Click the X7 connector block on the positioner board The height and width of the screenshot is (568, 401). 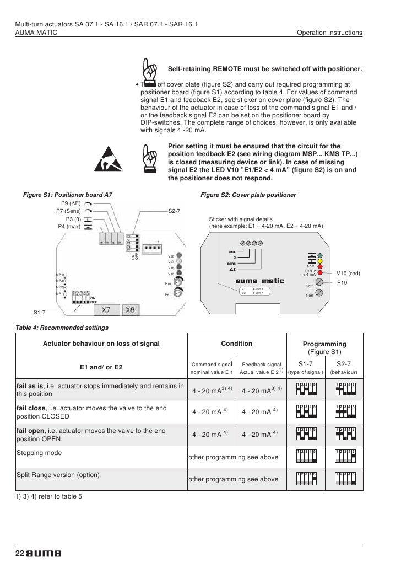coord(109,310)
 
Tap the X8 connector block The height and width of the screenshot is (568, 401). coord(131,310)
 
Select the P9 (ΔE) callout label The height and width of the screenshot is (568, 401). coord(71,203)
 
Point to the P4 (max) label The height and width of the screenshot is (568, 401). coord(69,226)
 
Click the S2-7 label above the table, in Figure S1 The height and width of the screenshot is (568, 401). coord(174,211)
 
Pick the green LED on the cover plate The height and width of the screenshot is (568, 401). coord(319,255)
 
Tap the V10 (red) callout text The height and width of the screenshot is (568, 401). coord(348,273)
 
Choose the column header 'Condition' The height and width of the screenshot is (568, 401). coord(236,344)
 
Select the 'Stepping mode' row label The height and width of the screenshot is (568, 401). coord(39,453)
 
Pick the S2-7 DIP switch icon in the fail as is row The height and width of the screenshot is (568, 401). coord(345,389)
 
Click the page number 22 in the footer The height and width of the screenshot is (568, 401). coord(19,553)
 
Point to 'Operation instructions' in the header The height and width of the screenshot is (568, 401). coord(329,33)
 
